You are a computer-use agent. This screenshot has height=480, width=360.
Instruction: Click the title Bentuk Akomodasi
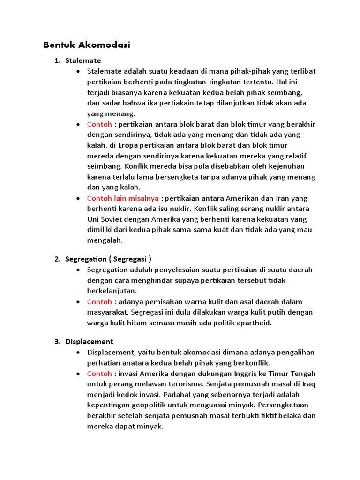pos(87,45)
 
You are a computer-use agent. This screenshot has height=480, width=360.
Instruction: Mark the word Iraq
pos(307,384)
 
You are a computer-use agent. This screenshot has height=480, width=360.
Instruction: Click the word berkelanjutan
pos(112,291)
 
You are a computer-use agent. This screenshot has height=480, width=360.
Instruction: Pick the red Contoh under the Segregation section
pos(99,301)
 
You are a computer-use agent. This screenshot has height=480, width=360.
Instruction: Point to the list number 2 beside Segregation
pos(57,259)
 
